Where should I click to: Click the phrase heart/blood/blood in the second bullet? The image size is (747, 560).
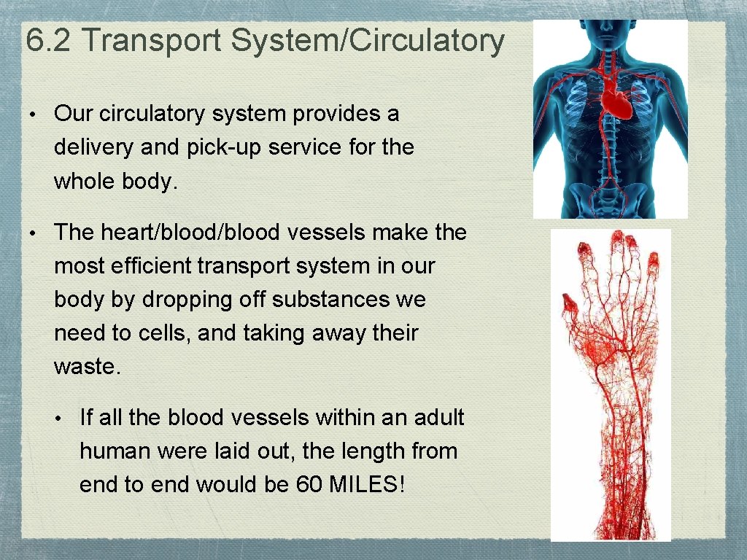[x=190, y=233]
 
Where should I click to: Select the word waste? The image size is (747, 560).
[x=85, y=367]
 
